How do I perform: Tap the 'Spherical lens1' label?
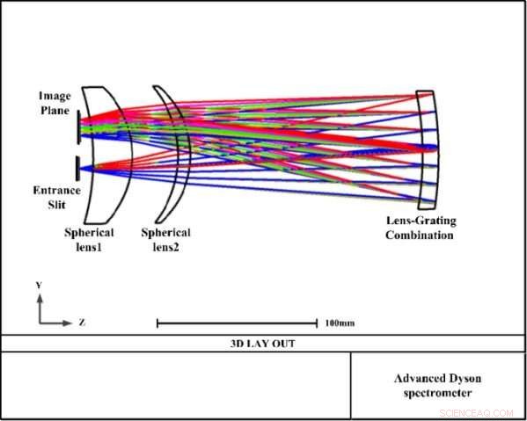91,238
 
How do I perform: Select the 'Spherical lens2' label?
166,238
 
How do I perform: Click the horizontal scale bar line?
237,323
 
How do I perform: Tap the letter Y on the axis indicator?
37,286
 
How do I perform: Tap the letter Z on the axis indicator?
82,323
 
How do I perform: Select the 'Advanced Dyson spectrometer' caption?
437,386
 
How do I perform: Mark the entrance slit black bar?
78,165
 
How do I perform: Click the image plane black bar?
78,125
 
